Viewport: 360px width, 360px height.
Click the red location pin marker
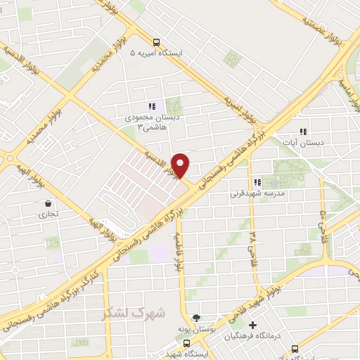(x=181, y=165)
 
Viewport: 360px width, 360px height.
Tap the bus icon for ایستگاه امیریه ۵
(x=155, y=41)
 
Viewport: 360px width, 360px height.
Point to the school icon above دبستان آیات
(x=303, y=131)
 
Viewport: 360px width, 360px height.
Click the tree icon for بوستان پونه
(x=196, y=319)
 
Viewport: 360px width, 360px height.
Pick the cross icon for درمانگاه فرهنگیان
(x=252, y=325)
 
